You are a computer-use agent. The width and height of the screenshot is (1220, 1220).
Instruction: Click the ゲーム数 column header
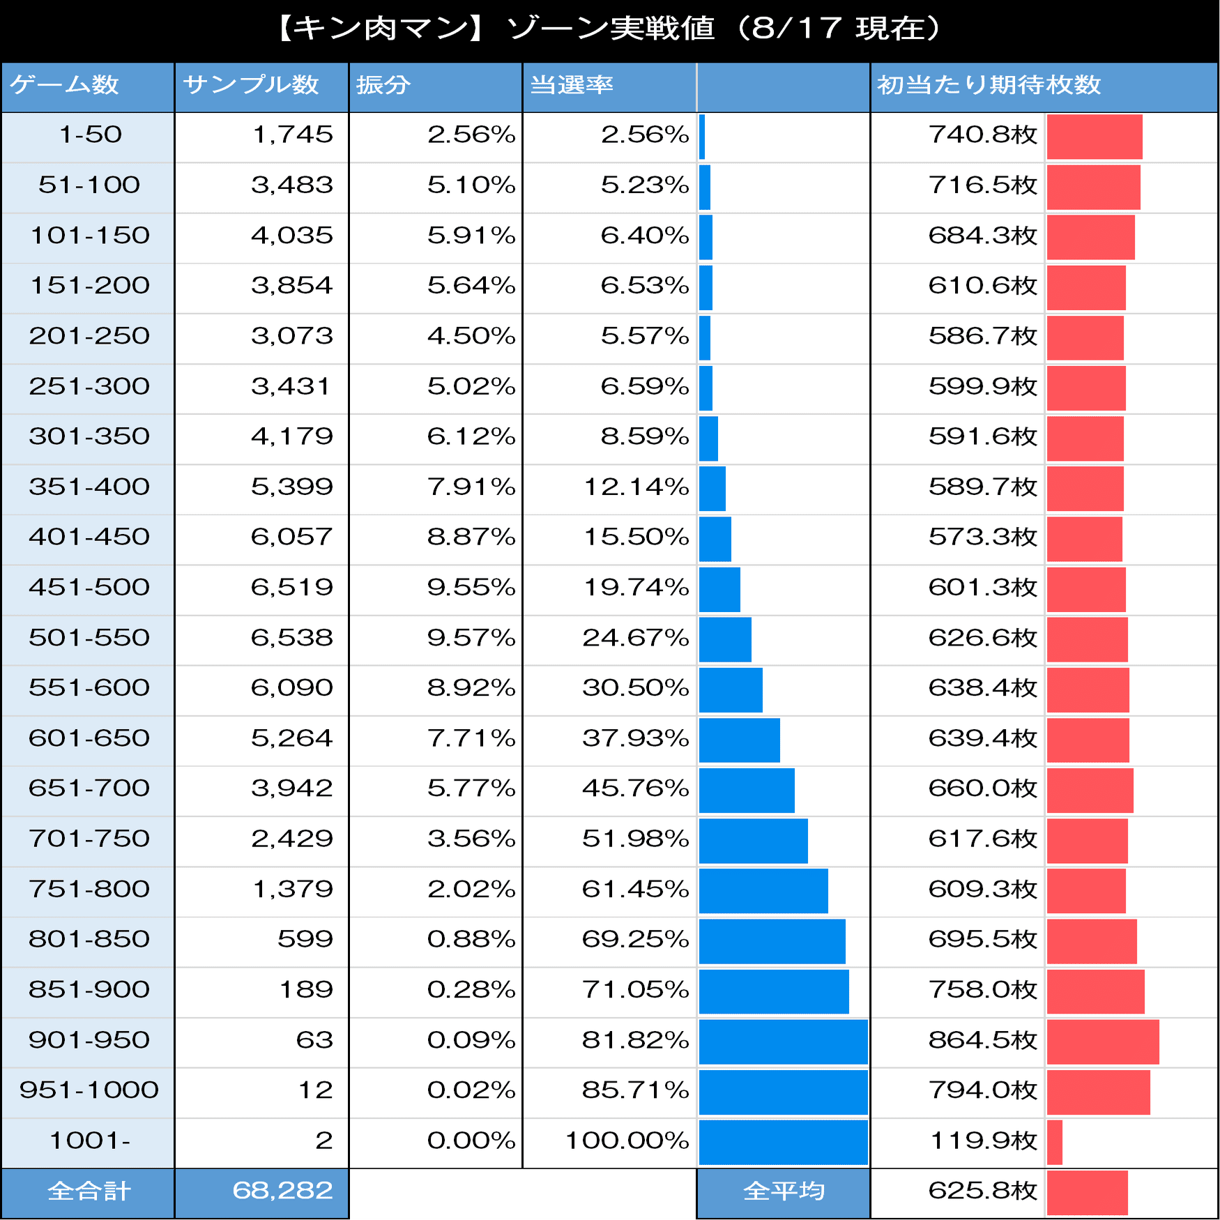pos(65,85)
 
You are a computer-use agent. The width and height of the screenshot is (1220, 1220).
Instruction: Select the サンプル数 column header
pos(251,85)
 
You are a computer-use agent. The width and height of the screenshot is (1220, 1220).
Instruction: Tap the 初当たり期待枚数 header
pos(989,85)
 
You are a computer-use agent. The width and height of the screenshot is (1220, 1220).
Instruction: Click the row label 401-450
pos(89,537)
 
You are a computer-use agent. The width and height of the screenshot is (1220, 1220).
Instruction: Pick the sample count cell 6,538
pos(292,637)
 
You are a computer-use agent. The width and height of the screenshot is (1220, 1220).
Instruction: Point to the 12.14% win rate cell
pos(636,487)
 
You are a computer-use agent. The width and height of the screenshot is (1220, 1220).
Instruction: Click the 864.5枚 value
pos(982,1040)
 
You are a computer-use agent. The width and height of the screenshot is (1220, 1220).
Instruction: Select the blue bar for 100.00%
pos(783,1141)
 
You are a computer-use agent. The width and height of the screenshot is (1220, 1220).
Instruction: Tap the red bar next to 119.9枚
pos(1054,1142)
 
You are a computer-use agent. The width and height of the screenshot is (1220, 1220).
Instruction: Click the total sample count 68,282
pos(282,1191)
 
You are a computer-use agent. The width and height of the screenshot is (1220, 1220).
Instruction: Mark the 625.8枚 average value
pos(982,1191)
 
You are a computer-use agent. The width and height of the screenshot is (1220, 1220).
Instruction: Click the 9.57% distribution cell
pos(471,637)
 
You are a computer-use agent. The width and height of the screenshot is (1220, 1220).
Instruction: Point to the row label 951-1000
pos(89,1090)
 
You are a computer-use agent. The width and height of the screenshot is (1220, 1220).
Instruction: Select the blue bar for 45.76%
pos(747,790)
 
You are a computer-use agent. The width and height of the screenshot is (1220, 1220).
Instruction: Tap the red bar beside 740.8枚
pos(1095,137)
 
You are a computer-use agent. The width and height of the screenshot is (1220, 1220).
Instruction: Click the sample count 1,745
pos(292,135)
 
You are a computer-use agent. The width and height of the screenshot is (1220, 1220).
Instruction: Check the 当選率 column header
pos(572,85)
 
